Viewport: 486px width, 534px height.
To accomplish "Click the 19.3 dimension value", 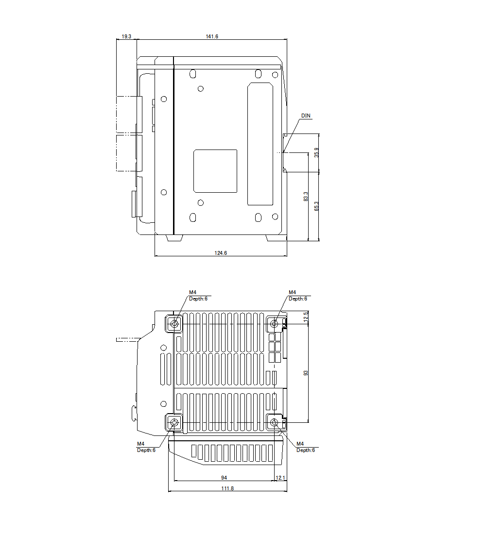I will (126, 36).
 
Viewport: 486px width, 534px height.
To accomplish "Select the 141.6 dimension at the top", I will (211, 36).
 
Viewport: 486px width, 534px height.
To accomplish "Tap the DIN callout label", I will (306, 116).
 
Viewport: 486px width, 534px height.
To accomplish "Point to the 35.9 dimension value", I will (316, 152).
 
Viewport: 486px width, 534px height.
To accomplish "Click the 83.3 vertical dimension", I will (306, 197).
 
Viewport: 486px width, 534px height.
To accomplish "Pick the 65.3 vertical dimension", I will (316, 206).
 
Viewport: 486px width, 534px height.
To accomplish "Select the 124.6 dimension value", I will (221, 253).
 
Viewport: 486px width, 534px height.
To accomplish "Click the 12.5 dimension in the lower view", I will (306, 317).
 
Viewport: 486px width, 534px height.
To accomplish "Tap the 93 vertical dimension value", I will (306, 373).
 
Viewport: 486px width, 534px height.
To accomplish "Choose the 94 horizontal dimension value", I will (224, 478).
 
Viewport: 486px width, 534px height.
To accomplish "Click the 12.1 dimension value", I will (280, 478).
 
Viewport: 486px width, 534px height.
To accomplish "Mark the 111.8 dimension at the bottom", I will (227, 488).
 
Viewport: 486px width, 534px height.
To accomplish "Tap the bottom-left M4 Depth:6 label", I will (146, 447).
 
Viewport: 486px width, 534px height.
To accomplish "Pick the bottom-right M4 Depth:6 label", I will (305, 447).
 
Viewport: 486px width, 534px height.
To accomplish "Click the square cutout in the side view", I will (215, 171).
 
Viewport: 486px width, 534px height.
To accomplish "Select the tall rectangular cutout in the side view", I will (260, 144).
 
